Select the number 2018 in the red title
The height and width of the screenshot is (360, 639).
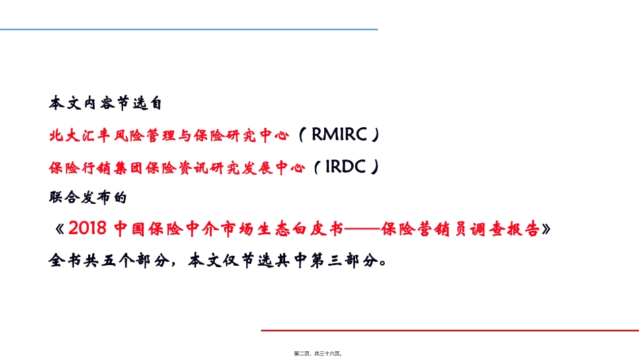tap(88, 229)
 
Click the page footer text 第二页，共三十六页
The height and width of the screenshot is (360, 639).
tap(319, 352)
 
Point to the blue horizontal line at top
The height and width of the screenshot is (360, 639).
tap(188, 30)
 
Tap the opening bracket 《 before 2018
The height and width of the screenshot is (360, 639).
tap(57, 229)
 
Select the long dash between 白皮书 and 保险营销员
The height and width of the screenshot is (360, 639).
tap(362, 229)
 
